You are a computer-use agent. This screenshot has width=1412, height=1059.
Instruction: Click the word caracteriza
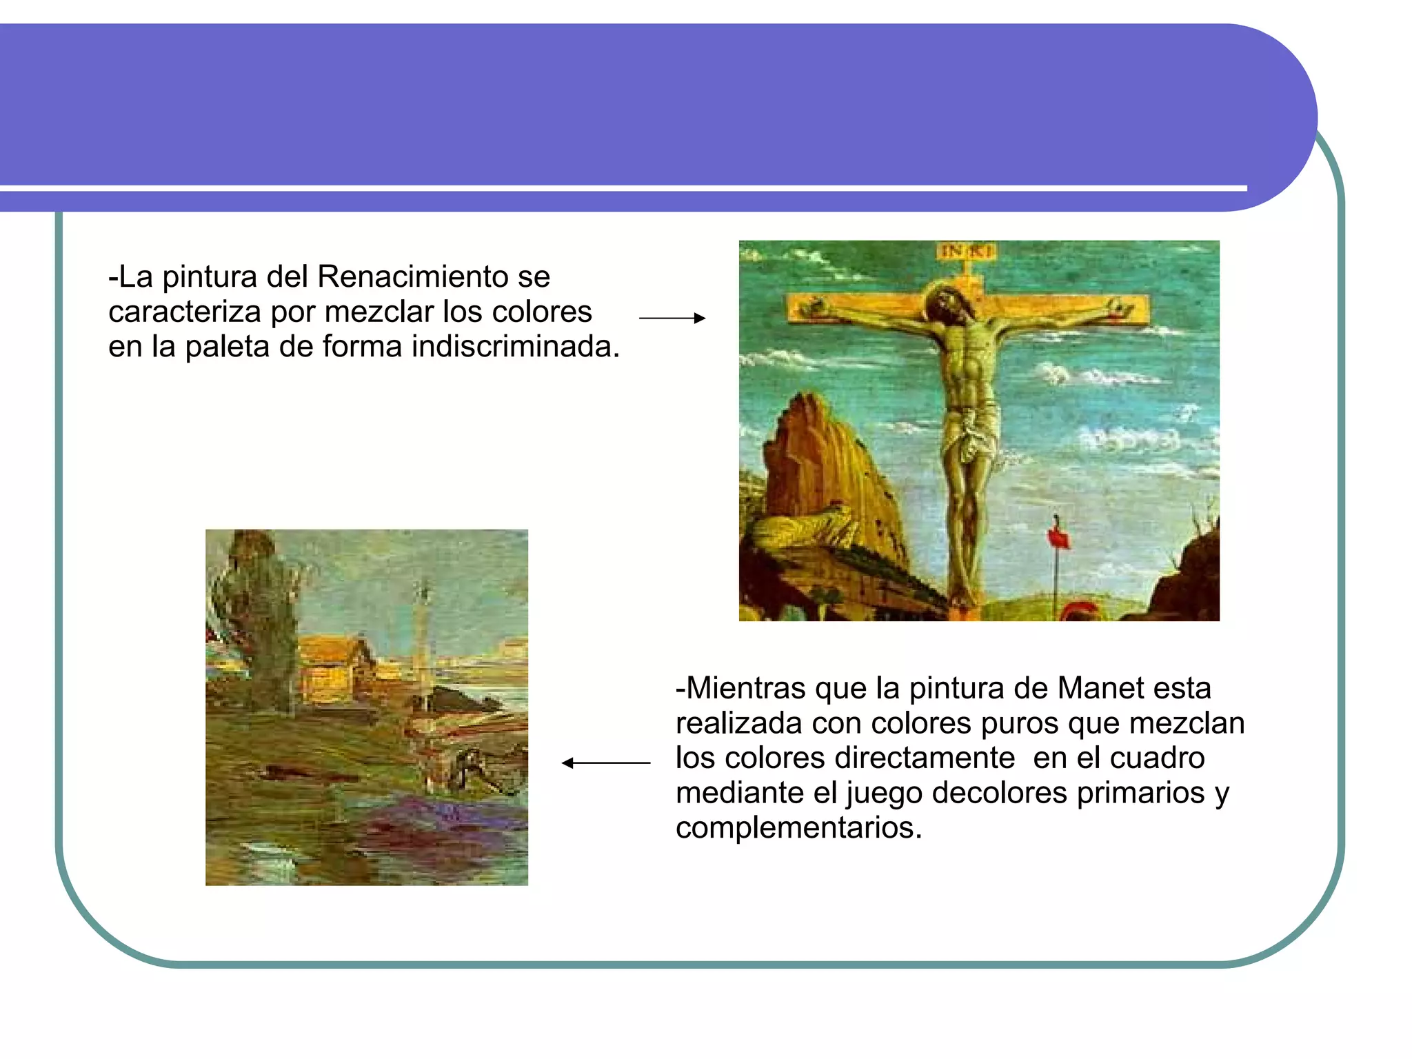184,312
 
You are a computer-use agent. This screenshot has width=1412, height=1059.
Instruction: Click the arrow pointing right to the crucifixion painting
672,318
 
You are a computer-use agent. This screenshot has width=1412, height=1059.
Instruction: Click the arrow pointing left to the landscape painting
606,763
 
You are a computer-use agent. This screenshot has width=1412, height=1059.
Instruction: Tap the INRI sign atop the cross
965,251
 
